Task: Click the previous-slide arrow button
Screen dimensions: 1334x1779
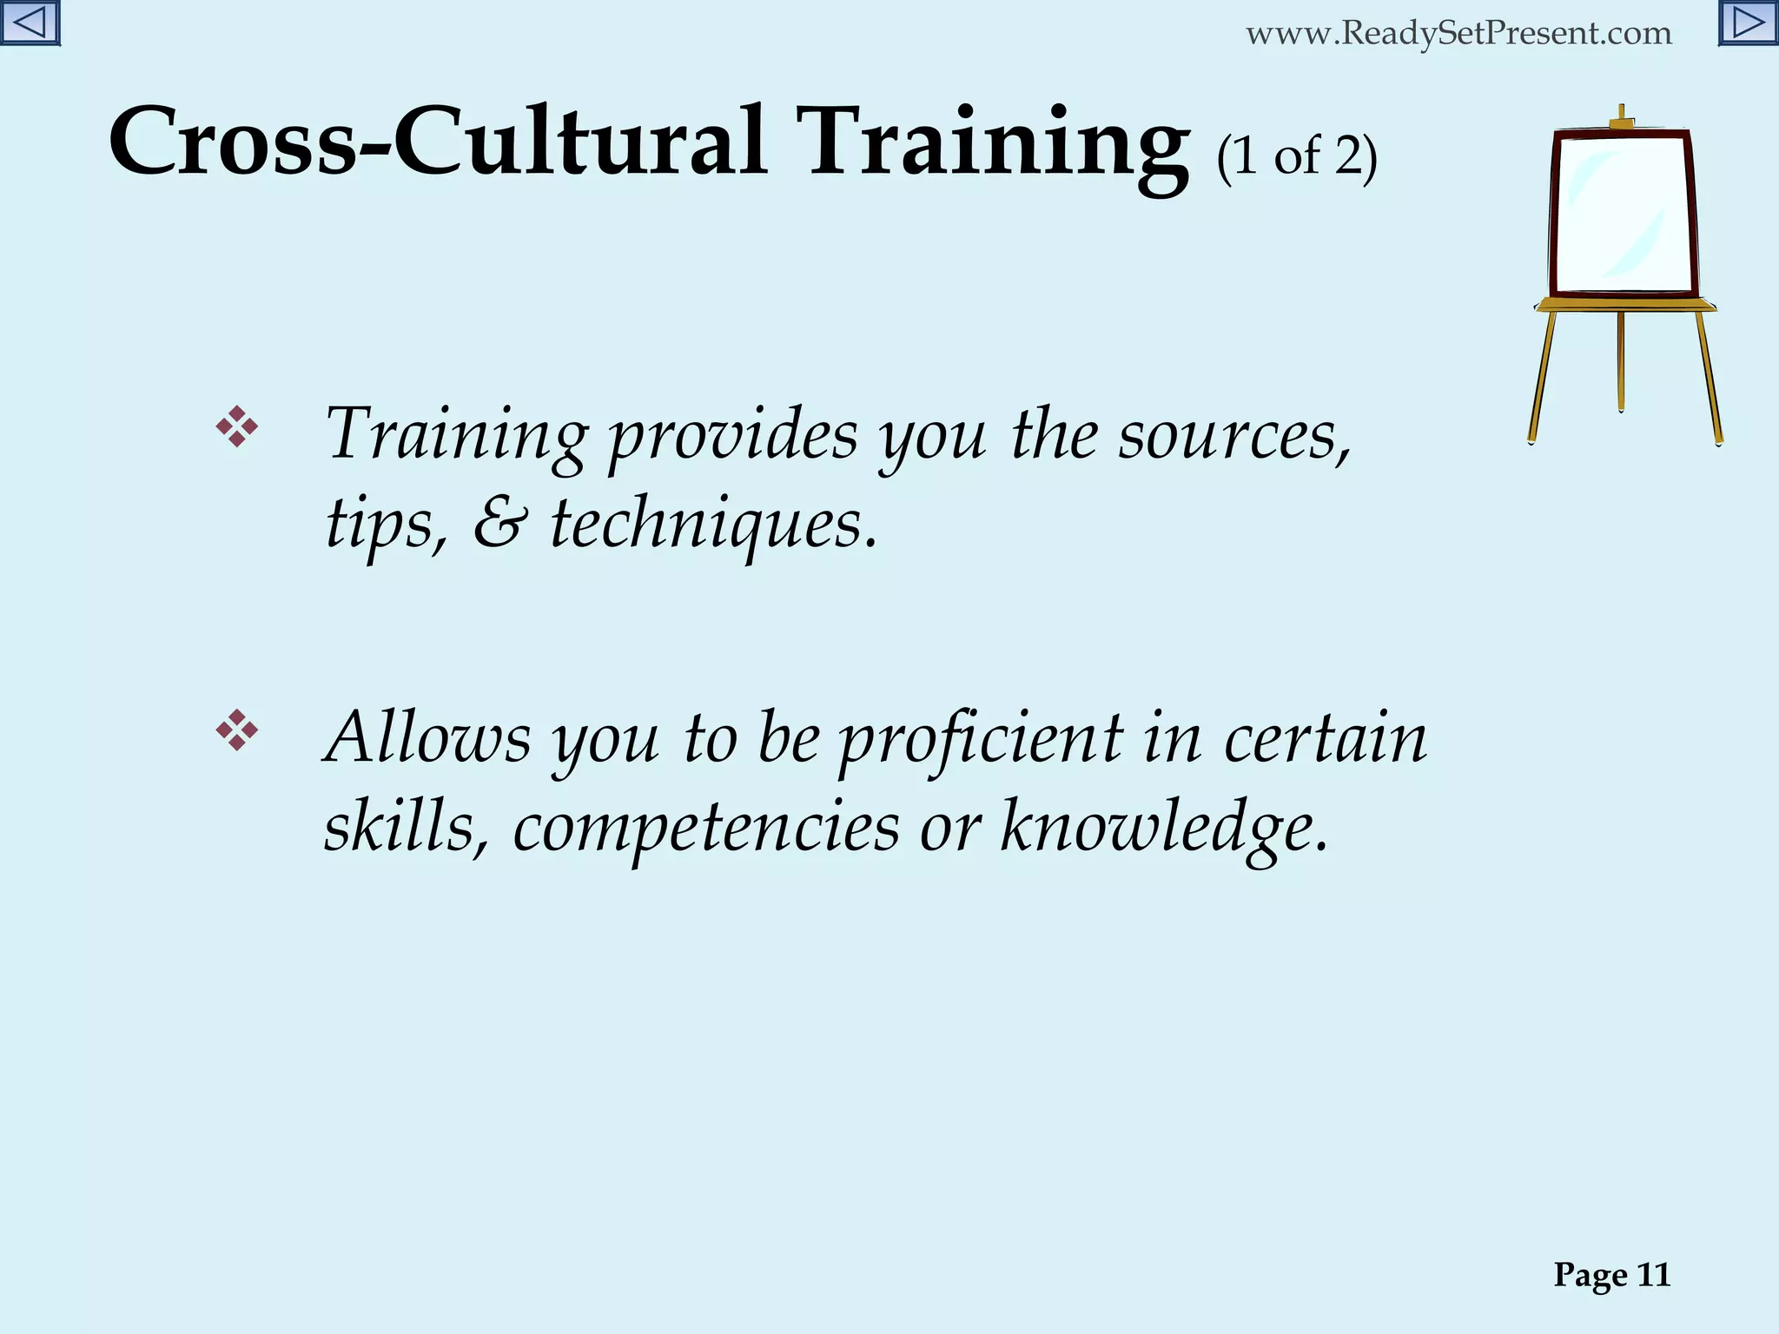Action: coord(30,23)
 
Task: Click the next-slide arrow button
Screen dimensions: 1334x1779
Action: coord(1748,23)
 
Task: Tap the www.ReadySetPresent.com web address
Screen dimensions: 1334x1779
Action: coord(1458,34)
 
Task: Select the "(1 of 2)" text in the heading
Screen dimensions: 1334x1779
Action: coord(1297,157)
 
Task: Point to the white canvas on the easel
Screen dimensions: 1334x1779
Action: coord(1622,215)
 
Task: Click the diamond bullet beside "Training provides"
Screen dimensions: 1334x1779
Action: coord(236,427)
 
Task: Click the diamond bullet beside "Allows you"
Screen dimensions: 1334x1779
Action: coord(236,730)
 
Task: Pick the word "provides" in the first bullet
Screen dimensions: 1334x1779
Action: coord(732,435)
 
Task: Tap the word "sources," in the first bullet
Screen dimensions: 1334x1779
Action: coord(1234,435)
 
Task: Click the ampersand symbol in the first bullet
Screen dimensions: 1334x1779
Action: coord(499,524)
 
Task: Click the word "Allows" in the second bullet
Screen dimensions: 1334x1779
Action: coord(427,737)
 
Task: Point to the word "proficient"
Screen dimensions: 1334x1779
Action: coord(981,739)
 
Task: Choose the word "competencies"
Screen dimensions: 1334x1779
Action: coord(706,828)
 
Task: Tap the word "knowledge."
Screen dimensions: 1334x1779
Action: coord(1165,828)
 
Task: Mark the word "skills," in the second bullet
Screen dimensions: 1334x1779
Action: coord(404,826)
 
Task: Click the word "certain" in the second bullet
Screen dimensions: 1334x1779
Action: coord(1326,737)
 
